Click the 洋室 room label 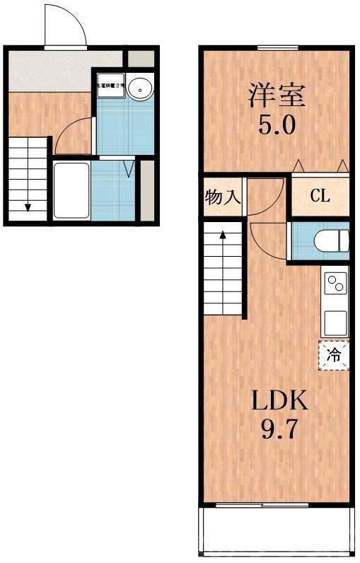[276, 95]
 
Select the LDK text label [281, 402]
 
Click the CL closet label [320, 196]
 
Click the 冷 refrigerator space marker [335, 355]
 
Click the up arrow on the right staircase [223, 237]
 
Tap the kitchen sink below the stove [335, 322]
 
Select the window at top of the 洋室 [276, 47]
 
